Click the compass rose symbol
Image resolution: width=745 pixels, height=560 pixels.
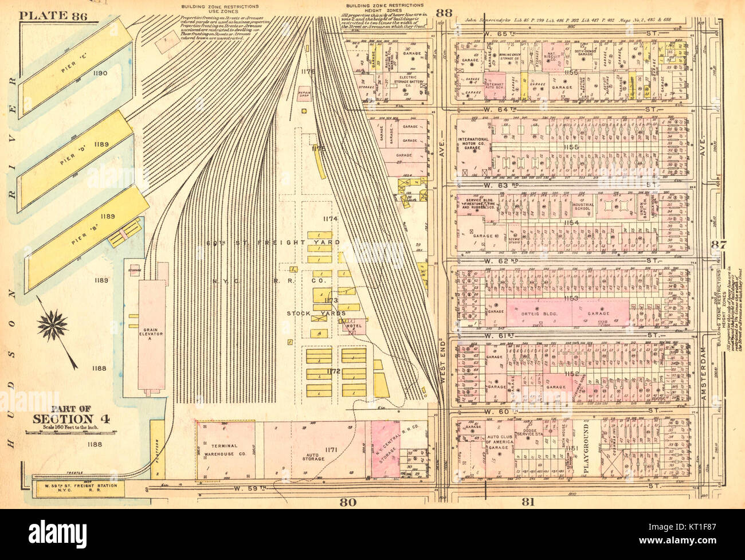click(x=52, y=326)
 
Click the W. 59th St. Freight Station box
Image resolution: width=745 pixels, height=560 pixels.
click(x=76, y=488)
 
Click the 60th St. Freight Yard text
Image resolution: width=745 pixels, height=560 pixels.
click(x=273, y=242)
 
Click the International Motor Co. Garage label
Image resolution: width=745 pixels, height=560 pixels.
click(x=473, y=143)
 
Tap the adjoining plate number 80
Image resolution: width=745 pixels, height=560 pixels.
click(x=347, y=503)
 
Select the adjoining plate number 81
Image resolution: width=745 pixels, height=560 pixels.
click(x=528, y=503)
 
